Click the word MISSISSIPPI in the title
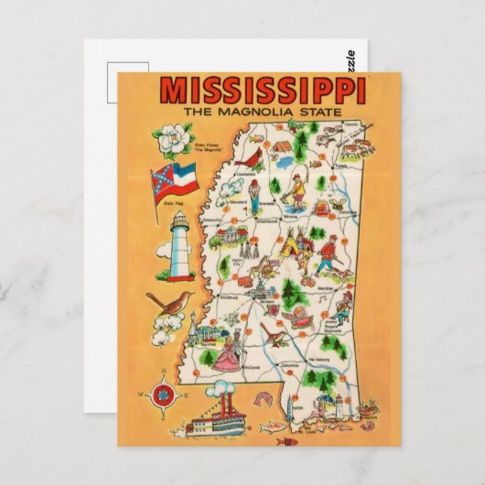(264, 91)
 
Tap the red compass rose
(163, 393)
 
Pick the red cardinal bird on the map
(246, 164)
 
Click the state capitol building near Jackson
(261, 291)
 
